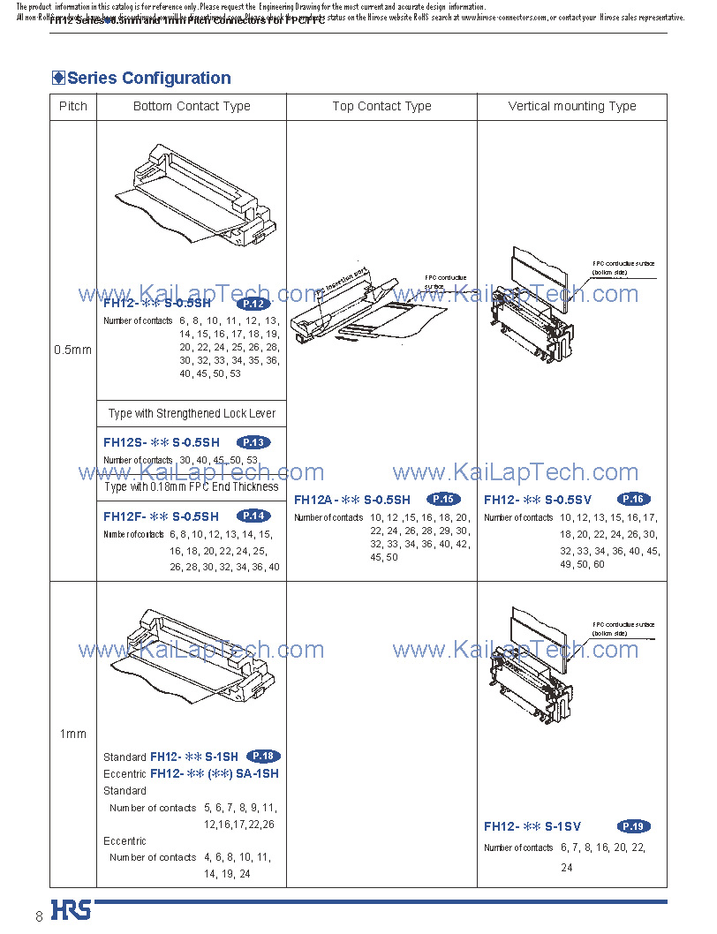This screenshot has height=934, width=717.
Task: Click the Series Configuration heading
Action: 148,79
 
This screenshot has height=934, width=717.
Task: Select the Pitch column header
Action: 73,107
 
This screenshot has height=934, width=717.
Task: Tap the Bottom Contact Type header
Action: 192,107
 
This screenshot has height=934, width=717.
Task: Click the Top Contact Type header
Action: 381,107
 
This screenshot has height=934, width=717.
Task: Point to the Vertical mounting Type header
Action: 571,107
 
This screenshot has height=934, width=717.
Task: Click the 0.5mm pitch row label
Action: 72,350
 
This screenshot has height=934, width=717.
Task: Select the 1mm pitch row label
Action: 72,734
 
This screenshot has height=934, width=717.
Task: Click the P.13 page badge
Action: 253,442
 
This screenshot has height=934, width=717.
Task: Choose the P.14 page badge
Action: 253,516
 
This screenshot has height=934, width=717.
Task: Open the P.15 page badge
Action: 443,499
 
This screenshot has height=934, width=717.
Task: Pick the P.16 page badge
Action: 633,499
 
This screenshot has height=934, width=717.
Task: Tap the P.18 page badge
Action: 264,756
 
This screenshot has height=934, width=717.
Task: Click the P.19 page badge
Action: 633,826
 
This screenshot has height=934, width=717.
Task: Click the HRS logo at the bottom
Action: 71,910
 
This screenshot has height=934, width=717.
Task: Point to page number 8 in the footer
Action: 39,915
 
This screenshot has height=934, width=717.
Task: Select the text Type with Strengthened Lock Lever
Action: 192,413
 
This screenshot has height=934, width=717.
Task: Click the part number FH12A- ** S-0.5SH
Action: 351,500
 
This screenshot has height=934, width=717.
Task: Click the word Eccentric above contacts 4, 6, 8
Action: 125,841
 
